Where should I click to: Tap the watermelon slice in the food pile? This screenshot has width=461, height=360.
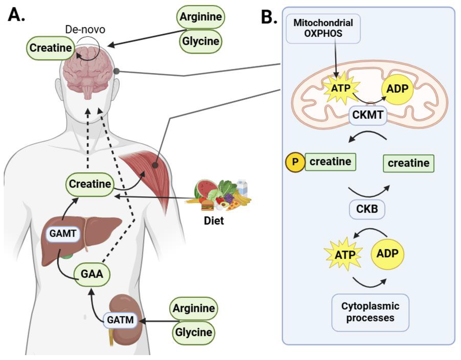202,189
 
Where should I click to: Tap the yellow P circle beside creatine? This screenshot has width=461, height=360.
294,162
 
